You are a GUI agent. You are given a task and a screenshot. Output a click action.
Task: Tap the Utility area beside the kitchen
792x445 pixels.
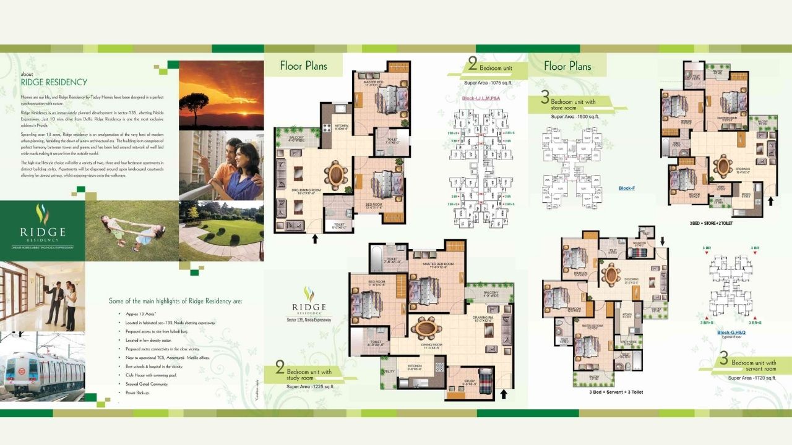click(389, 371)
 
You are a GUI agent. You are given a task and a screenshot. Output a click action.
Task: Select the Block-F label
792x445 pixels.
click(626, 189)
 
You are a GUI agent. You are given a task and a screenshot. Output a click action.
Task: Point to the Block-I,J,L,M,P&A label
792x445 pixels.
click(482, 98)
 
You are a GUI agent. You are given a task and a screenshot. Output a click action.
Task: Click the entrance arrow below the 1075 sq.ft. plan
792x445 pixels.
click(316, 238)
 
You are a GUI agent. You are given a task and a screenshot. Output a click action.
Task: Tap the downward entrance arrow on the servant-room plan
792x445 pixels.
click(663, 240)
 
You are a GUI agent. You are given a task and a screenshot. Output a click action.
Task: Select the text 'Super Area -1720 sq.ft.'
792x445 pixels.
click(752, 378)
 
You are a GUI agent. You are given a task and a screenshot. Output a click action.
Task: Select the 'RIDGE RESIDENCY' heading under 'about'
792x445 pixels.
click(54, 82)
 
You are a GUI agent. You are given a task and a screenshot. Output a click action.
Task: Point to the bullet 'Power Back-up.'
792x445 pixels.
click(137, 392)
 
